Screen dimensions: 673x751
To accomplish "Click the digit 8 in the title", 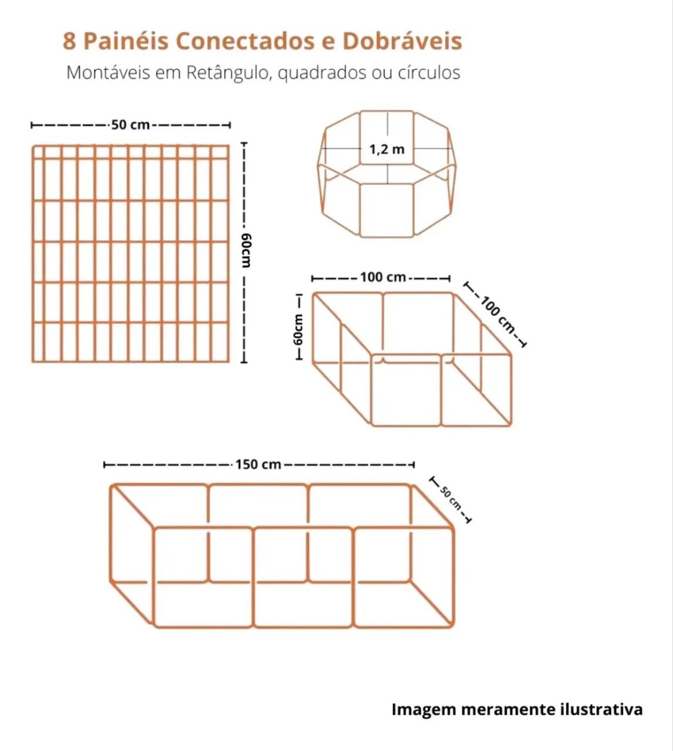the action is tap(69, 41).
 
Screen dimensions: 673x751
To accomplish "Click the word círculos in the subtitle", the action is tap(429, 73).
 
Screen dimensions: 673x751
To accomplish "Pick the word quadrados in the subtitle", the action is tap(322, 73).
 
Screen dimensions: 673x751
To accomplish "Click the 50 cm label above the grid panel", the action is tap(130, 125).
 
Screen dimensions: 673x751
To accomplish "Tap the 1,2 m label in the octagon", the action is tap(387, 150).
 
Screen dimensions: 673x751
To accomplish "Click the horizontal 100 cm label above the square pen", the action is tap(383, 278).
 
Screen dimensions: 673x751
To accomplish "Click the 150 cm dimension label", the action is tap(258, 465).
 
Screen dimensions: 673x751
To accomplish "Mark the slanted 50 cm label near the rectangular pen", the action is tap(451, 499).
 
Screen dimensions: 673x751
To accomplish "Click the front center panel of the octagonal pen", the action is tap(387, 210).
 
